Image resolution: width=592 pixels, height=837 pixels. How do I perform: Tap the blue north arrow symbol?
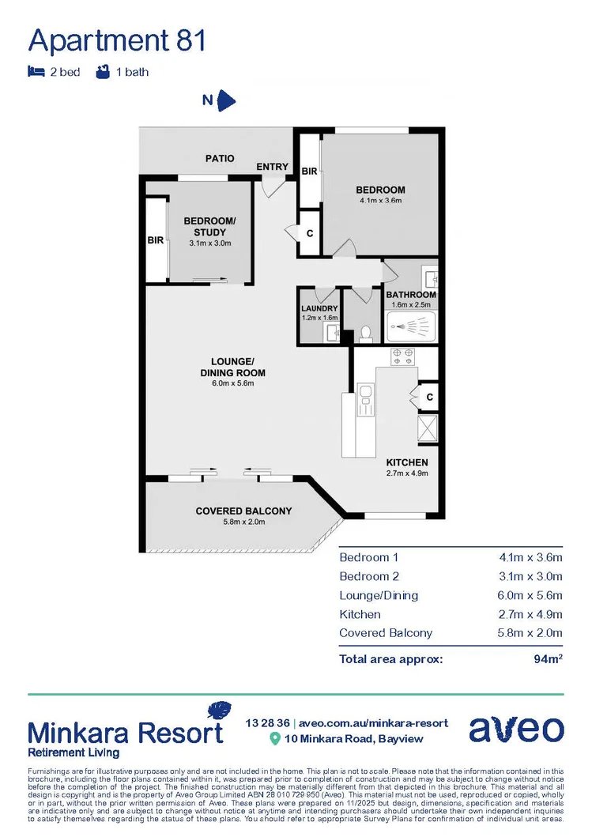[226, 100]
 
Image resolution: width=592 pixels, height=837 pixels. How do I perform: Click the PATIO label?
[220, 158]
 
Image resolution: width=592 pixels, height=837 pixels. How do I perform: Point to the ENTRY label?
[273, 167]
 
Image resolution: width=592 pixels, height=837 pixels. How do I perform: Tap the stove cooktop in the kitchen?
[403, 357]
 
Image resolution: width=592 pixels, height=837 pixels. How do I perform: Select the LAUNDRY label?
[319, 308]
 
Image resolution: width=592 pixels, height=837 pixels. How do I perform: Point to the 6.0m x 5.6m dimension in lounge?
[232, 383]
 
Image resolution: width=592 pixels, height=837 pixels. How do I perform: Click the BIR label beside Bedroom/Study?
[156, 240]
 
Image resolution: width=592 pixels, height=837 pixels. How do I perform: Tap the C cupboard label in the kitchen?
[429, 398]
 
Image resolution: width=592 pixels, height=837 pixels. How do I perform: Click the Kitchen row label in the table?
[360, 614]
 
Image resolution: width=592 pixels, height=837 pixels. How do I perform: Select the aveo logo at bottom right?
[516, 729]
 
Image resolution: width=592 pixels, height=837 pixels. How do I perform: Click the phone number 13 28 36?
[267, 722]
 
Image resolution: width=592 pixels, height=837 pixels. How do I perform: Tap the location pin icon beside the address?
[275, 738]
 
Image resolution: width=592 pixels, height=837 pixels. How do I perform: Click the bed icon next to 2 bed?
[36, 72]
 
